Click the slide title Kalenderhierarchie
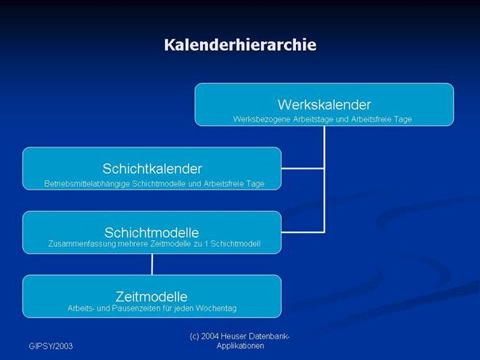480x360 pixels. (x=240, y=45)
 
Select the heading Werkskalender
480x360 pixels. (x=324, y=105)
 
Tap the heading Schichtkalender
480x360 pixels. (x=152, y=169)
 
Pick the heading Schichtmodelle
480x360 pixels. (x=152, y=233)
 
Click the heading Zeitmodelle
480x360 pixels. (x=152, y=297)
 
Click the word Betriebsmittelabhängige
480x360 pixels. (x=87, y=184)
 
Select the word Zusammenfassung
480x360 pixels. (x=82, y=244)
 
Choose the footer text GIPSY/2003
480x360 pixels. (x=51, y=346)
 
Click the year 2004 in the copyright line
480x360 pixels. (x=209, y=336)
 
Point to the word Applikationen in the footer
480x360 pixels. (x=240, y=346)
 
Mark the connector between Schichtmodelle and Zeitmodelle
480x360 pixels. (x=152, y=265)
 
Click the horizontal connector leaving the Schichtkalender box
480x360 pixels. (x=303, y=169)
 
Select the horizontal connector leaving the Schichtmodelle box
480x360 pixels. (x=303, y=232)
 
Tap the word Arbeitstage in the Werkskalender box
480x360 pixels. (x=313, y=119)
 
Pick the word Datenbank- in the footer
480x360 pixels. (x=269, y=336)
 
